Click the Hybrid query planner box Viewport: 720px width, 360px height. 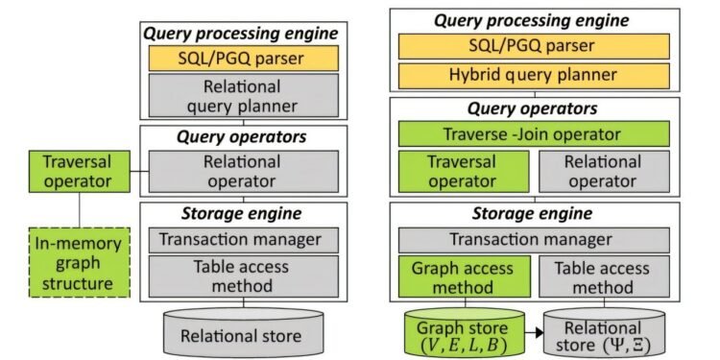pos(532,75)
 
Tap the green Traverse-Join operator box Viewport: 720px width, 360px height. pos(532,134)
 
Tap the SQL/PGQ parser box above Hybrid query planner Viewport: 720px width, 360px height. pos(532,45)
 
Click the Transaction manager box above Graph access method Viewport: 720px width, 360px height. pos(532,240)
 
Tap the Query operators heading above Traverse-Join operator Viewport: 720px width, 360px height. pos(533,109)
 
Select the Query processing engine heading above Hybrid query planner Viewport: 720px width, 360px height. pos(533,19)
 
